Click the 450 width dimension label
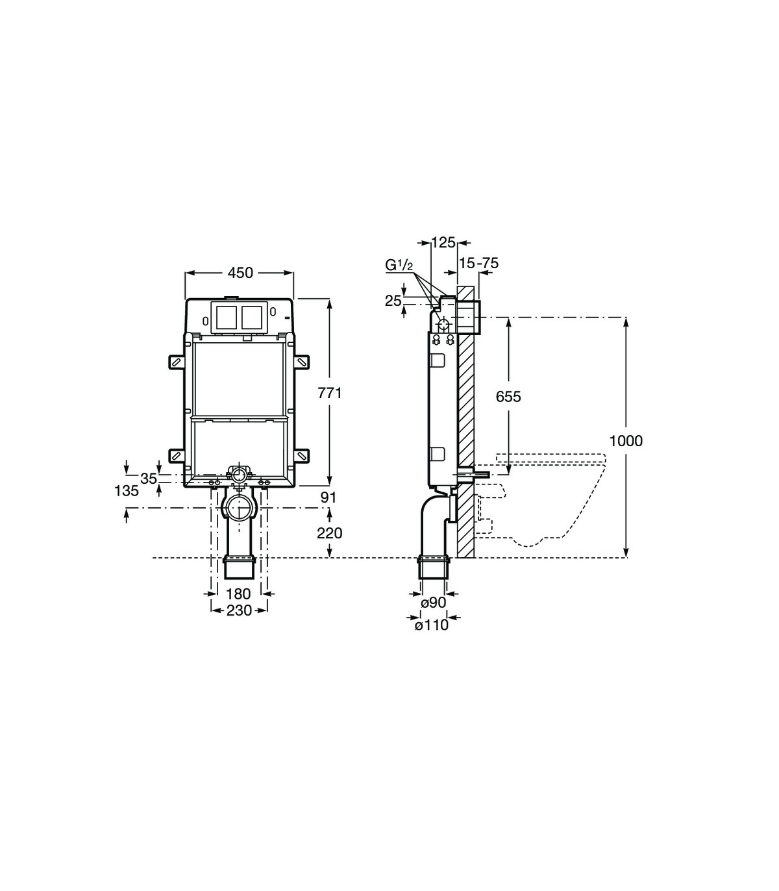point(240,273)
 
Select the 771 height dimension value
point(329,393)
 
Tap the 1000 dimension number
point(626,441)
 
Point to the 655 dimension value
point(508,396)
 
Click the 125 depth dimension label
point(443,242)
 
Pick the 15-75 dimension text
point(478,263)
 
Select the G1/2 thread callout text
point(399,265)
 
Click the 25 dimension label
point(393,301)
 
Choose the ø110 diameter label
point(431,625)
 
